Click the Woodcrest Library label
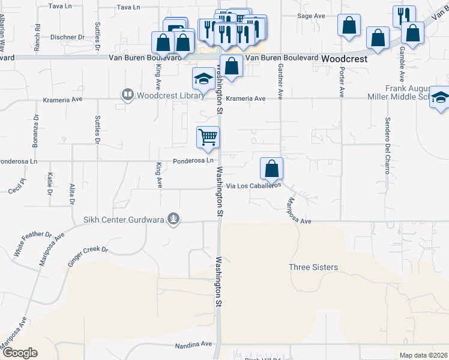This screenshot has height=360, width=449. pos(162,95)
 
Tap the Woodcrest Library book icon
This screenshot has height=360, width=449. pos(127,94)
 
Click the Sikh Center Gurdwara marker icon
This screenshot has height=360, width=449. pos(173,219)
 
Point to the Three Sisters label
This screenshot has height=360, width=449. pos(313,267)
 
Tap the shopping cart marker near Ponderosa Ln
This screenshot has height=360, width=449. pos(208,137)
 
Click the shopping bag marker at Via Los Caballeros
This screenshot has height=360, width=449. pos(272,168)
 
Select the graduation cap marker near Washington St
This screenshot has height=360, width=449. pos(203,79)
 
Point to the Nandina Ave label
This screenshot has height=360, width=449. pos(194,345)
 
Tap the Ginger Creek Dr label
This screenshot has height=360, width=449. pos(88,256)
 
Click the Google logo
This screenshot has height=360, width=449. pos(19,353)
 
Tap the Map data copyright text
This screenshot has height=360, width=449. pos(423,355)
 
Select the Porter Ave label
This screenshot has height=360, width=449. pos(342,83)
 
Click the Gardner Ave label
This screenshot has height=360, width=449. pos(280,83)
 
